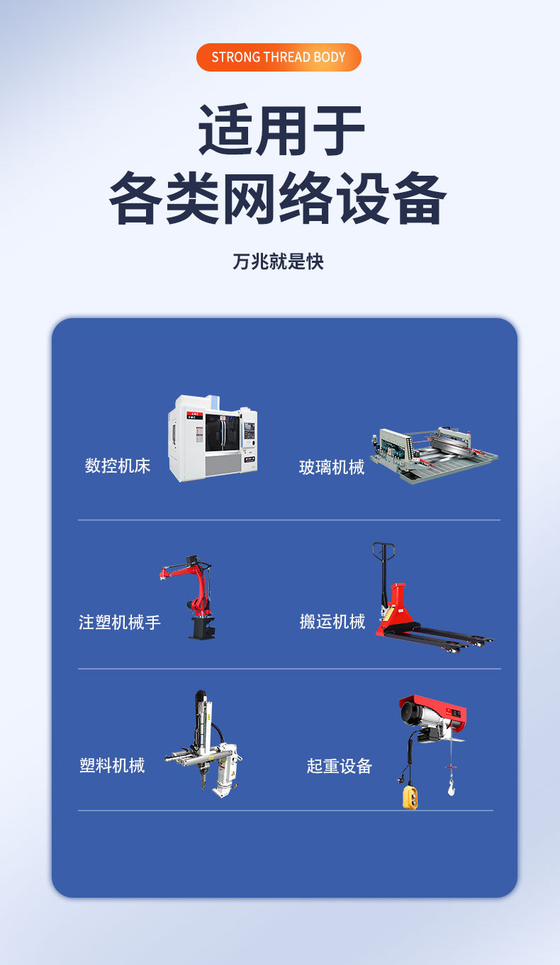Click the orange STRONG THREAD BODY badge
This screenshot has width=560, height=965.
click(279, 57)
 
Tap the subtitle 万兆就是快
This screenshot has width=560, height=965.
click(278, 261)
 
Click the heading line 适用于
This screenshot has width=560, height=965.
click(281, 130)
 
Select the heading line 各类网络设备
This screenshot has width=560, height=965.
click(278, 198)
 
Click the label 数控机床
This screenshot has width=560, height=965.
click(117, 465)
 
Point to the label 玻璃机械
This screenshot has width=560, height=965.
click(332, 468)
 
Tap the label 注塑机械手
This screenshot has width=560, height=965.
click(119, 623)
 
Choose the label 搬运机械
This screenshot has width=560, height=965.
click(332, 621)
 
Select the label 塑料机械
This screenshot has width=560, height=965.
click(112, 765)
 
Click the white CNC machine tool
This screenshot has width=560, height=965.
click(213, 437)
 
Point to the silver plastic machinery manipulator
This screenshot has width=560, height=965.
click(203, 744)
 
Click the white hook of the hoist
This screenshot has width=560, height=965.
click(451, 787)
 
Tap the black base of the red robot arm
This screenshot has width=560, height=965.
click(202, 628)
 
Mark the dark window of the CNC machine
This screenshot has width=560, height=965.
click(222, 432)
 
